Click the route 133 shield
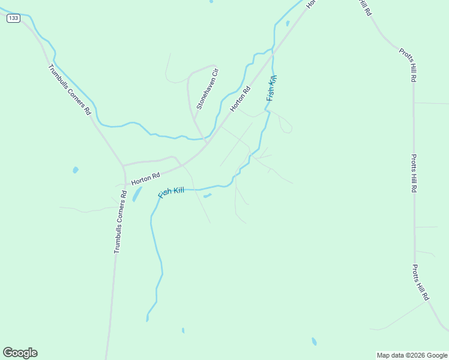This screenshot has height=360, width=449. click(13, 18)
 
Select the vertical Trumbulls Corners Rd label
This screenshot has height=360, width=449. click(120, 221)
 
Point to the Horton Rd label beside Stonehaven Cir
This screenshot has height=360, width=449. click(240, 100)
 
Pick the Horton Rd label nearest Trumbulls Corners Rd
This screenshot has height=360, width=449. click(146, 178)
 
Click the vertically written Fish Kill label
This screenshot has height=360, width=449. click(271, 88)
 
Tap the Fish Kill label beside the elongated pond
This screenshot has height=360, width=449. click(171, 193)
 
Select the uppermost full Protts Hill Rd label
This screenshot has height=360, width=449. click(408, 65)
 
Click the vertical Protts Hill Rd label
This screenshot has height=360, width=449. click(414, 173)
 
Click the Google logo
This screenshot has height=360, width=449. click(20, 353)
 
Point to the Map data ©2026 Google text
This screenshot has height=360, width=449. click(412, 355)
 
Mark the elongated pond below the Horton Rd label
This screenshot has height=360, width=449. click(137, 194)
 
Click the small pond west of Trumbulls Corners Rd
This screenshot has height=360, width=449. click(76, 170)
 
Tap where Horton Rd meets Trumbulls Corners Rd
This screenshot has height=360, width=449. click(122, 166)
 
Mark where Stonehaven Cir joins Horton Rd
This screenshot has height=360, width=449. click(206, 142)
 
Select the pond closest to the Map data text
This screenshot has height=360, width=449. click(314, 341)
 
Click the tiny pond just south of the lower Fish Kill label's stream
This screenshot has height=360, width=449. click(207, 195)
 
